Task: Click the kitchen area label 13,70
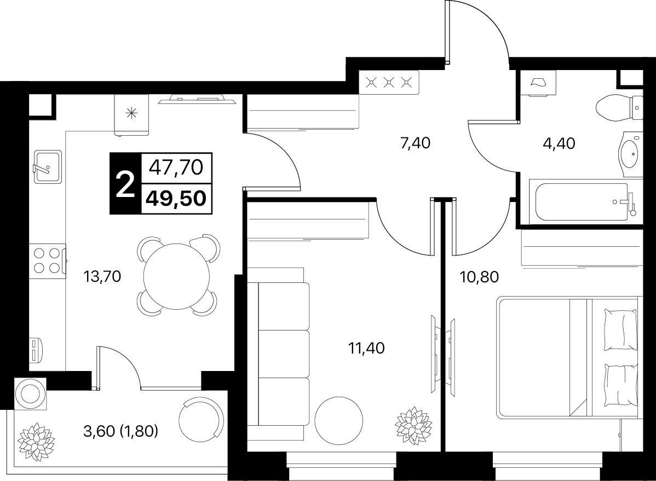(102, 276)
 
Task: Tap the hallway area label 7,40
(415, 143)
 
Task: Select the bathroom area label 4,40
(559, 143)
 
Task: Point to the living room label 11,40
(366, 348)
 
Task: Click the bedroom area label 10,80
(480, 277)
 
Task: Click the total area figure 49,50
(176, 198)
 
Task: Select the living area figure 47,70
(176, 167)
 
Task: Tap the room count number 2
(125, 184)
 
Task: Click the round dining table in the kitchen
(176, 276)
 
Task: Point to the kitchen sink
(48, 166)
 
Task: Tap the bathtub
(586, 202)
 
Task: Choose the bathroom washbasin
(630, 154)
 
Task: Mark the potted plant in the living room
(413, 425)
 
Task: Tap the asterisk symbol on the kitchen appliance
(132, 113)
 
